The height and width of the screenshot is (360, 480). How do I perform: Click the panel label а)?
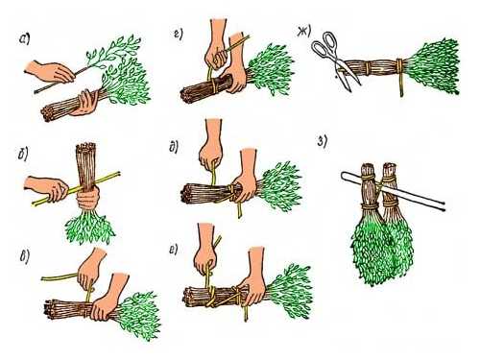pos(24,39)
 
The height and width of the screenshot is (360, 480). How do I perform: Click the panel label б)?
pos(23,155)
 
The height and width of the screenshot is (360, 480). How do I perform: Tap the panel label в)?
pos(25,257)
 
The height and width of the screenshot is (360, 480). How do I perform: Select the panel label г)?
pos(179,34)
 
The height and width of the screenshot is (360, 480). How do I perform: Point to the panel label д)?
pos(174,147)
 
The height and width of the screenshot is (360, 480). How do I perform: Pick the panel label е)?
pos(174,250)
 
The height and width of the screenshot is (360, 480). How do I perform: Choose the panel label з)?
pos(322,142)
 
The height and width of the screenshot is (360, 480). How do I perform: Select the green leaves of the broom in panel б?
pos(89,227)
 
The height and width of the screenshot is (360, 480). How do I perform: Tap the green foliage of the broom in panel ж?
pos(434,66)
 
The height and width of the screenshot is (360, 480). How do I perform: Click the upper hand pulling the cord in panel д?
pos(210,146)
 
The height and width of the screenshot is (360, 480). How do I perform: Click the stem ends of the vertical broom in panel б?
pos(85,148)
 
